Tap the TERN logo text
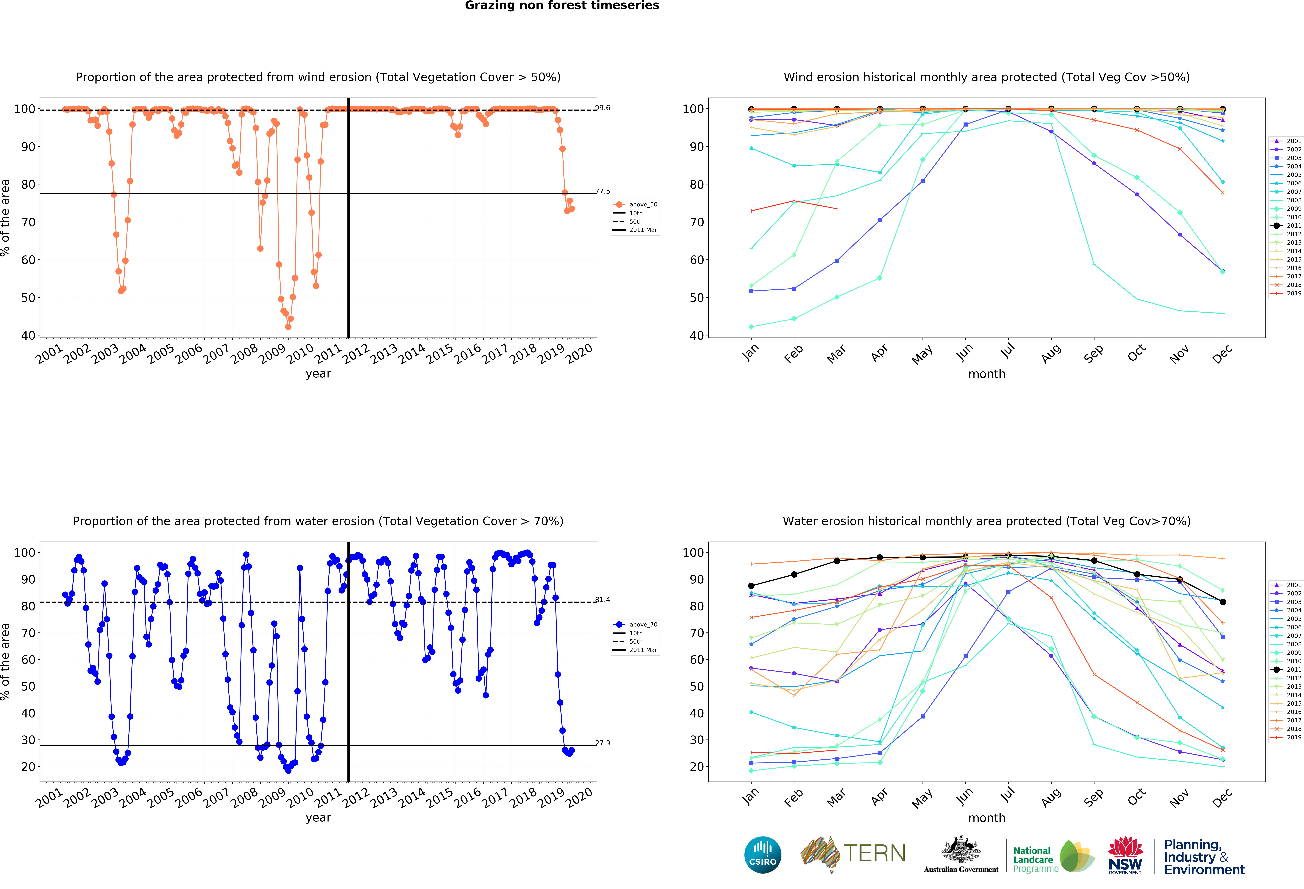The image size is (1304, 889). click(x=874, y=854)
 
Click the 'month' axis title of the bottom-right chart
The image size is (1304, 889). click(x=986, y=818)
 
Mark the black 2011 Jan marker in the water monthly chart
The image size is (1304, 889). click(x=751, y=586)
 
